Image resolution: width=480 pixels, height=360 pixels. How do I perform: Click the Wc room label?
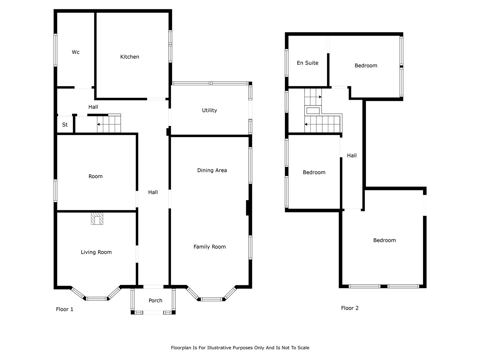[x=75, y=52]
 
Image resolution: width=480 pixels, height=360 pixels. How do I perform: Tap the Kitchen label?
[x=129, y=57]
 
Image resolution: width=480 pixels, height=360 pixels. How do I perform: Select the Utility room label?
[x=209, y=110]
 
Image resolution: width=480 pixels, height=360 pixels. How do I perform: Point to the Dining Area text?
[x=212, y=170]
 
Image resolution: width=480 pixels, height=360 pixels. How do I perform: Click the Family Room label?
[x=209, y=247]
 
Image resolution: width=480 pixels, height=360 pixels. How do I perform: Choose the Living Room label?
[x=96, y=252]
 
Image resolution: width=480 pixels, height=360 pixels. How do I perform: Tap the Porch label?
[x=155, y=301]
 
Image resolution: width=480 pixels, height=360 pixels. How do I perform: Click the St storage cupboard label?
[x=65, y=125]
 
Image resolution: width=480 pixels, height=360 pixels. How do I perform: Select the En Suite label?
[x=307, y=63]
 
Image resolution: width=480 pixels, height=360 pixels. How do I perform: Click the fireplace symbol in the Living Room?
[x=97, y=218]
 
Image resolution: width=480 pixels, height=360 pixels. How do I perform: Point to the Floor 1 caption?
[x=65, y=309]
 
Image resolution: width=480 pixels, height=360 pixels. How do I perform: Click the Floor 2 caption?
[x=350, y=308]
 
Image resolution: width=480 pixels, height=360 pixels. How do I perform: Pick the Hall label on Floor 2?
[x=352, y=156]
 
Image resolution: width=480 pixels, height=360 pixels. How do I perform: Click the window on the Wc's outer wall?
[x=56, y=50]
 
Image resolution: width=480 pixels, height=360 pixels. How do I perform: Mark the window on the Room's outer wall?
[x=56, y=191]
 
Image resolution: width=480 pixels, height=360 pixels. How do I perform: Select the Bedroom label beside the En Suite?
[x=366, y=66]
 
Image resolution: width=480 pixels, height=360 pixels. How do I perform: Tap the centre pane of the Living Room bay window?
[x=96, y=299]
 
